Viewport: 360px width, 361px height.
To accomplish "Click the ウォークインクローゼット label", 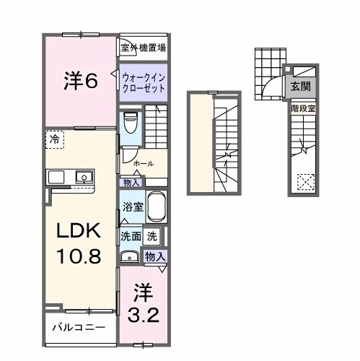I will [x=143, y=81].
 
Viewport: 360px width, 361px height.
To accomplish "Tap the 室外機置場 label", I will [x=143, y=48].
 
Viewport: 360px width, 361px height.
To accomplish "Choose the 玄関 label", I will [x=301, y=86].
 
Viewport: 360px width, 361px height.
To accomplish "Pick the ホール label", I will [x=143, y=163].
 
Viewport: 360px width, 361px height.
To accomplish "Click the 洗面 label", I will [x=130, y=235].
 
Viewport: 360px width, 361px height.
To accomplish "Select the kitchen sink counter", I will [x=71, y=177].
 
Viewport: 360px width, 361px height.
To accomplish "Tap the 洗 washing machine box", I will [x=152, y=235].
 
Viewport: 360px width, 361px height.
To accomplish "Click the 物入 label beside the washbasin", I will [x=155, y=255].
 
